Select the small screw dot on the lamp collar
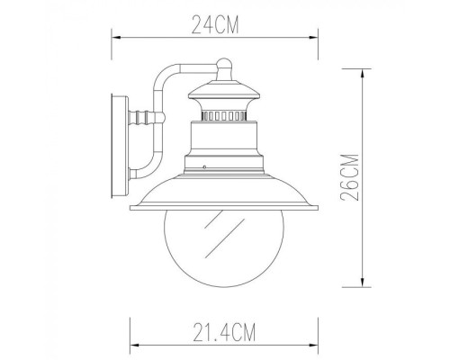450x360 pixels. pos(206,166)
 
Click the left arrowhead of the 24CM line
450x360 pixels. pos(113,39)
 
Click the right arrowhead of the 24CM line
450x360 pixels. pos(316,39)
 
